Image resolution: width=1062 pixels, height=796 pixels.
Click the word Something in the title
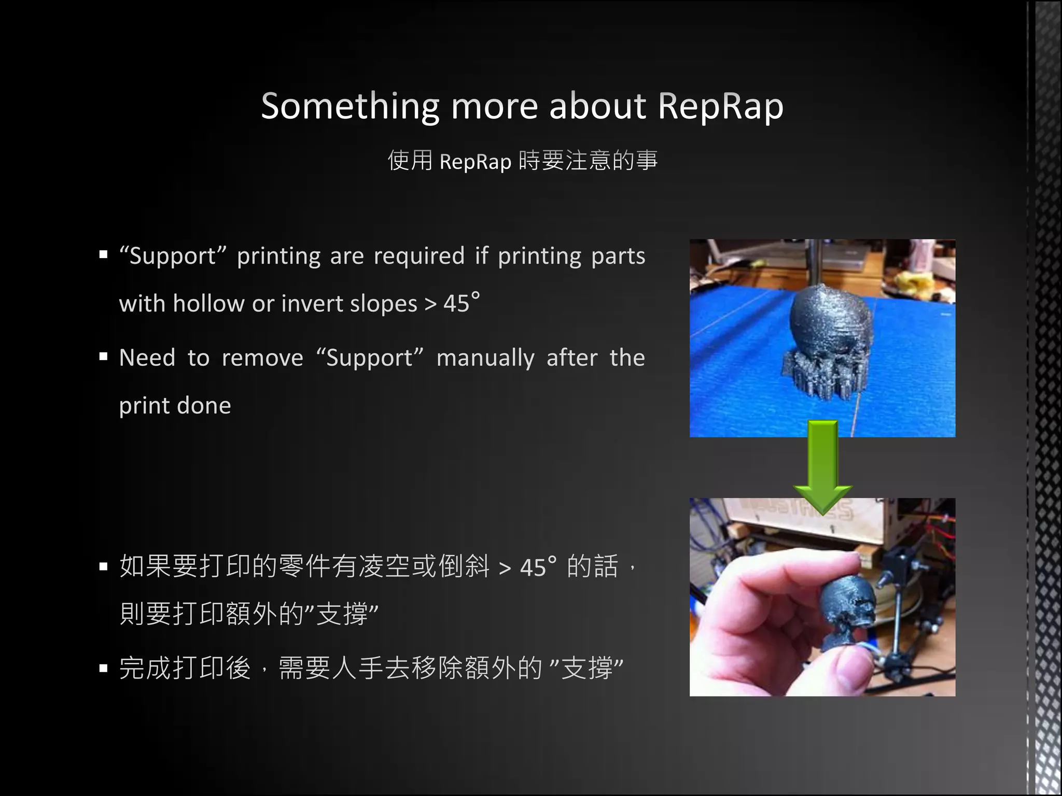[x=350, y=107]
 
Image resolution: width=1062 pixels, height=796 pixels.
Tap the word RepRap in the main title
[x=720, y=107]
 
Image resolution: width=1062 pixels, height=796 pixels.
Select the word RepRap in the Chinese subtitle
[x=475, y=162]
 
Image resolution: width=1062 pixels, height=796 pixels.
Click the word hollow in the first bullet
[x=208, y=304]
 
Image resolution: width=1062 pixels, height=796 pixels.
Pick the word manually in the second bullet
[x=485, y=358]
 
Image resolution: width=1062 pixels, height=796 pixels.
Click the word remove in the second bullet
[x=262, y=358]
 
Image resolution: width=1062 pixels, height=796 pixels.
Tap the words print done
[x=175, y=406]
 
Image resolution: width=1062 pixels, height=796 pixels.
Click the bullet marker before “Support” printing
[x=104, y=255]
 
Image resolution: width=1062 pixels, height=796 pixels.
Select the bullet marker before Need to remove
[x=104, y=357]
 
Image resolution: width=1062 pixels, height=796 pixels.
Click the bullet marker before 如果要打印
[x=104, y=566]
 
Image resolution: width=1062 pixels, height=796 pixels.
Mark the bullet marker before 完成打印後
[x=104, y=669]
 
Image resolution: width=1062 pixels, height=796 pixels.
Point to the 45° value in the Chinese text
[x=538, y=567]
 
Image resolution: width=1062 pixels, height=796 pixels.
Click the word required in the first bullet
[x=418, y=256]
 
